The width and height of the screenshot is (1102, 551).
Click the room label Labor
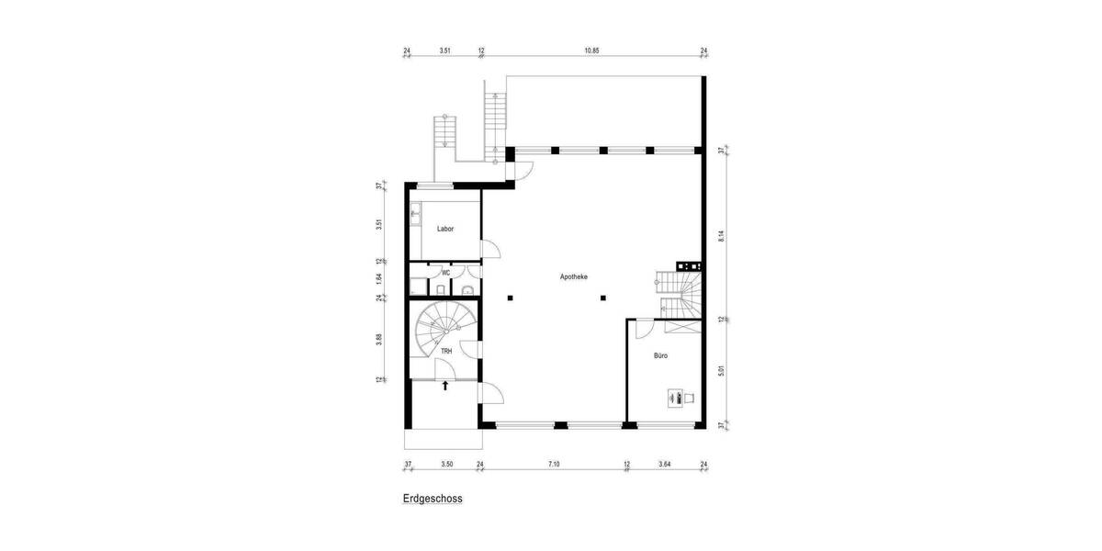pos(445,230)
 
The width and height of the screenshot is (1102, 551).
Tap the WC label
pos(445,272)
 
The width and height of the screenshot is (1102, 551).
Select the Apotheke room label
pos(574,275)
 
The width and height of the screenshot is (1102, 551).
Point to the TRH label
pos(445,351)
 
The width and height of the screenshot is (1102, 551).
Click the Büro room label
pos(660,354)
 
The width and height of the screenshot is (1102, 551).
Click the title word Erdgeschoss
pos(432,500)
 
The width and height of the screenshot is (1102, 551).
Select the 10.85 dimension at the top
pos(591,51)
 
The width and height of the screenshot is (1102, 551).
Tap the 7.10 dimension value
pos(554,465)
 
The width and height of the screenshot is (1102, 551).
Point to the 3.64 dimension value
pos(664,465)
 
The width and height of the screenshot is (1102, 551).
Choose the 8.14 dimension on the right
pos(722,235)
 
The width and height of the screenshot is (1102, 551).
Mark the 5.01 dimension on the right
pos(722,371)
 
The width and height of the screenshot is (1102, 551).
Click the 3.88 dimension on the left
pos(379,340)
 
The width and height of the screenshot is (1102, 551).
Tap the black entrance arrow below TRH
pos(445,386)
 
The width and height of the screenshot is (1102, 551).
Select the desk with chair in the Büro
pos(680,398)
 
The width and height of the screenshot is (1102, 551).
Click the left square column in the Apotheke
pos(510,297)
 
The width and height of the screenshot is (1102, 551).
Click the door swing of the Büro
pos(641,328)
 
